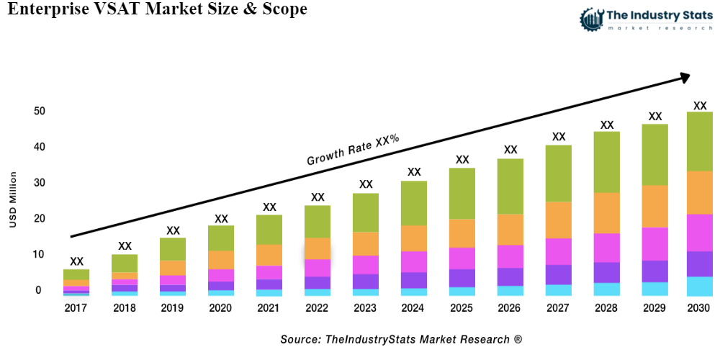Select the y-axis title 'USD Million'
[13, 200]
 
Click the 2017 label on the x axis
[76, 308]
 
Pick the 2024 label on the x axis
[414, 308]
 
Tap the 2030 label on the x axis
[698, 308]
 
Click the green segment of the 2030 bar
[699, 141]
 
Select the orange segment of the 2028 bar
[606, 213]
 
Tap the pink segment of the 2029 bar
[654, 243]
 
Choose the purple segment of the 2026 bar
[510, 277]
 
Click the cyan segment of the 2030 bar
[699, 287]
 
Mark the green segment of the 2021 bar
[269, 230]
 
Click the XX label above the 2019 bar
[173, 230]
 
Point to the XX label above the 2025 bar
[462, 160]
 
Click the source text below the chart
[401, 338]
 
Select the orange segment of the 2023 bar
[366, 244]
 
